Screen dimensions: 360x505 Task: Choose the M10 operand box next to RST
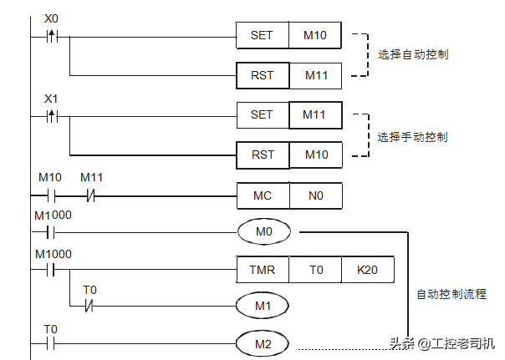click(x=315, y=155)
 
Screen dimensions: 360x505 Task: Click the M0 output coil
click(x=263, y=231)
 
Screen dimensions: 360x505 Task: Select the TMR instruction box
click(x=263, y=270)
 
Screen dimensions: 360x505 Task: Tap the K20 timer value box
click(x=367, y=270)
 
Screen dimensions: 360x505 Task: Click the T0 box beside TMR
click(x=315, y=270)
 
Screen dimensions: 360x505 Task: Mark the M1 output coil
click(x=263, y=306)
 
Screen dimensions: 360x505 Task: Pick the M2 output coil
click(x=263, y=342)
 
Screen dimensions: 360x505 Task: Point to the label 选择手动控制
click(x=412, y=135)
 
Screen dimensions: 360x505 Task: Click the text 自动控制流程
click(x=451, y=295)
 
